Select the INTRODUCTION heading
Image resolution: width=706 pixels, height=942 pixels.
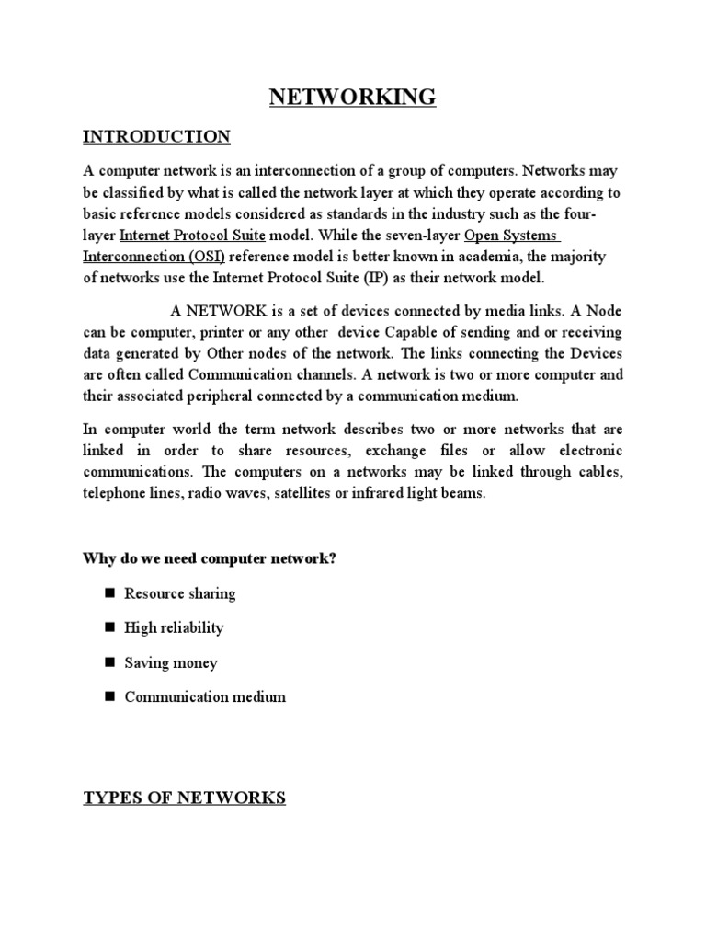pos(156,137)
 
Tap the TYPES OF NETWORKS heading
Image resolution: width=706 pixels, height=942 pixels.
pos(184,798)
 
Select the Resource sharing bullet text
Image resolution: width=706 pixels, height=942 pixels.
pos(180,593)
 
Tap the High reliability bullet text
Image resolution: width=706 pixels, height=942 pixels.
pos(174,627)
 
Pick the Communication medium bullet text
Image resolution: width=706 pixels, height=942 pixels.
pos(205,696)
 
